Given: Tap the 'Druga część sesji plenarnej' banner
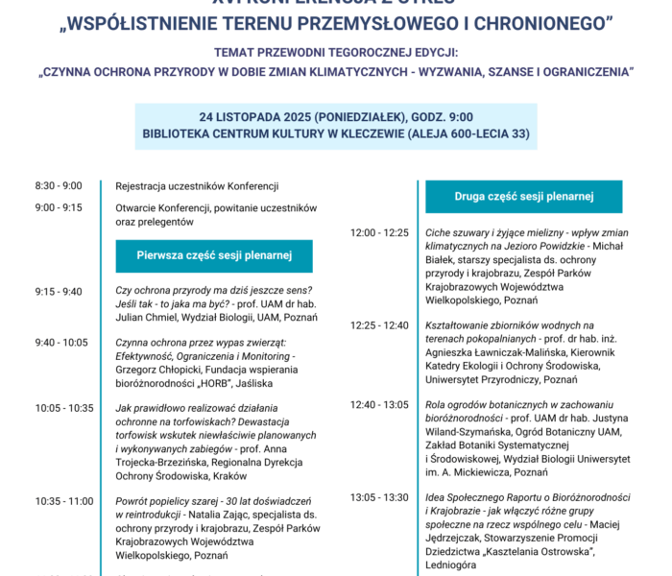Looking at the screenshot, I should pyautogui.click(x=524, y=197).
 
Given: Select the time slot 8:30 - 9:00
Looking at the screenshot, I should pyautogui.click(x=59, y=186).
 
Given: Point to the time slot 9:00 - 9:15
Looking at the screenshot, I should pyautogui.click(x=59, y=206).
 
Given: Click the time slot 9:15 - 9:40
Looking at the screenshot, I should pyautogui.click(x=59, y=291).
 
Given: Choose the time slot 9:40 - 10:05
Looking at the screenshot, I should pyautogui.click(x=61, y=343).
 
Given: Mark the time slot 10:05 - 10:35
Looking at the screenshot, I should pyautogui.click(x=64, y=408).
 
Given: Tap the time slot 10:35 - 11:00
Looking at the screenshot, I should pyautogui.click(x=64, y=501).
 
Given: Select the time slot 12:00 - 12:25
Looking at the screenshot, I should pyautogui.click(x=380, y=232).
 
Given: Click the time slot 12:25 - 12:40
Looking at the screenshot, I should pyautogui.click(x=380, y=325).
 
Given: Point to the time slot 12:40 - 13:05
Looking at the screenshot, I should pyautogui.click(x=380, y=404).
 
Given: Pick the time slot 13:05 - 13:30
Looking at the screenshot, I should pyautogui.click(x=380, y=497).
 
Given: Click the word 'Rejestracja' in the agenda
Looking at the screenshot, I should pyautogui.click(x=140, y=186).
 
